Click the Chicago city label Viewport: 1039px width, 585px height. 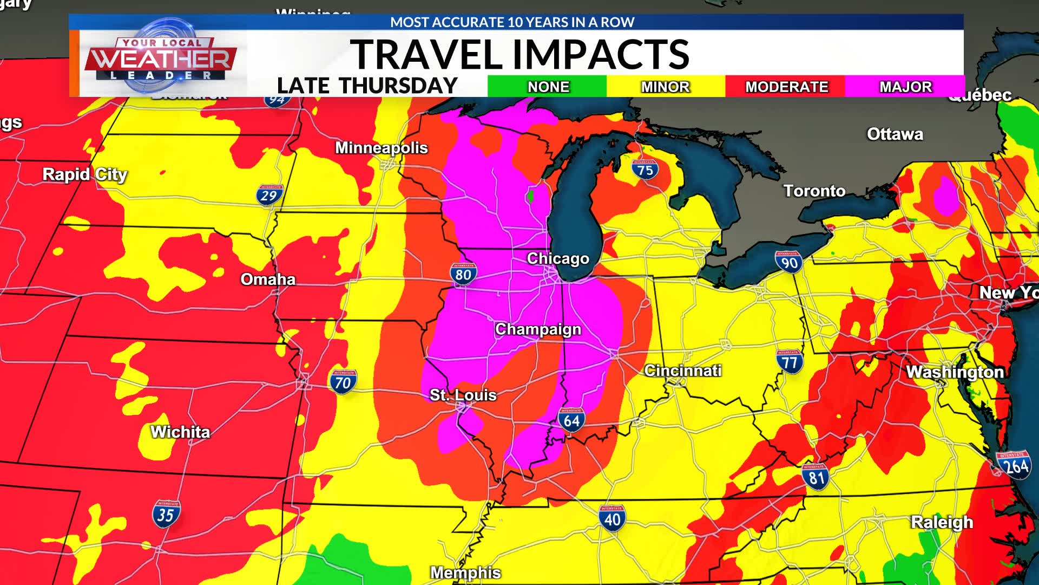point(558,258)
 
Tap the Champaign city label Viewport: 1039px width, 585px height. point(538,329)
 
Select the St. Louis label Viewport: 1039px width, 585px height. point(463,395)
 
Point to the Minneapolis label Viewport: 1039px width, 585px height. point(381,148)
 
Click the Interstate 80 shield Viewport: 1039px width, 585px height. point(463,274)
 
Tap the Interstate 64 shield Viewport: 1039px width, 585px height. point(571,420)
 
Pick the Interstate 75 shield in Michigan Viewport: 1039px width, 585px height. point(645,170)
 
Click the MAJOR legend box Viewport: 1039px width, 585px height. point(905,87)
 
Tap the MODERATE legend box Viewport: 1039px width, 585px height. point(786,87)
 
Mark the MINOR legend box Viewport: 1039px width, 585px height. point(665,87)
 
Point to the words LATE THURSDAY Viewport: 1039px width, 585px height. point(367,86)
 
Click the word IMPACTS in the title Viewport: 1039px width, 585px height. point(601,54)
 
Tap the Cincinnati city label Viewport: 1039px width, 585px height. point(682,370)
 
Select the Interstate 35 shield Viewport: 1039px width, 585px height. point(166,513)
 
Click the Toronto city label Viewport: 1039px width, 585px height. point(814,191)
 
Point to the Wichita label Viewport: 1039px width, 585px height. point(180,432)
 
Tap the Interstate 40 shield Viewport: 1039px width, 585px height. point(612,518)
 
